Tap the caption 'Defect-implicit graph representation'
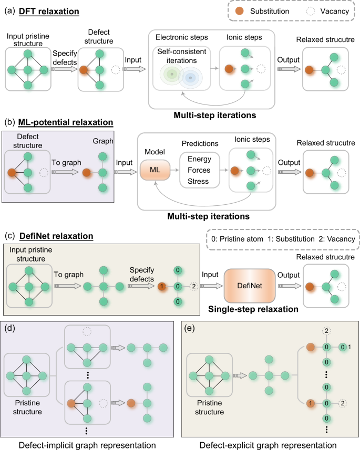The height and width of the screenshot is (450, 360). pos(88,444)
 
